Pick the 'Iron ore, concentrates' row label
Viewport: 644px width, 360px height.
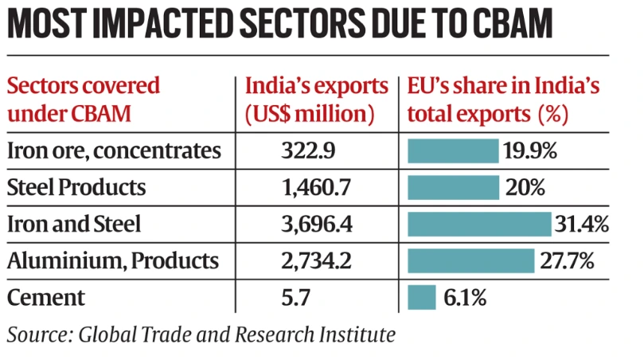[x=113, y=151]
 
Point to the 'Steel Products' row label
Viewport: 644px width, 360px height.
[x=76, y=188]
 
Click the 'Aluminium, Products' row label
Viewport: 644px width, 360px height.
[x=112, y=260]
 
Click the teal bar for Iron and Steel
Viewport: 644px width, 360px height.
[x=479, y=225]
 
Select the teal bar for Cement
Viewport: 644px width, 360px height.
[x=421, y=298]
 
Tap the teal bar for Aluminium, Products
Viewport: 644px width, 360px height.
[x=470, y=260]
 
